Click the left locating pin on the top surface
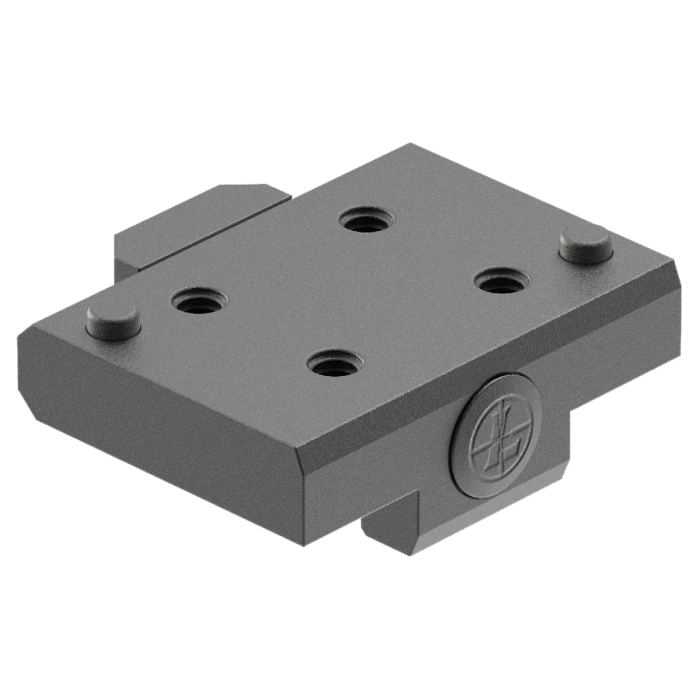tap(114, 320)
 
